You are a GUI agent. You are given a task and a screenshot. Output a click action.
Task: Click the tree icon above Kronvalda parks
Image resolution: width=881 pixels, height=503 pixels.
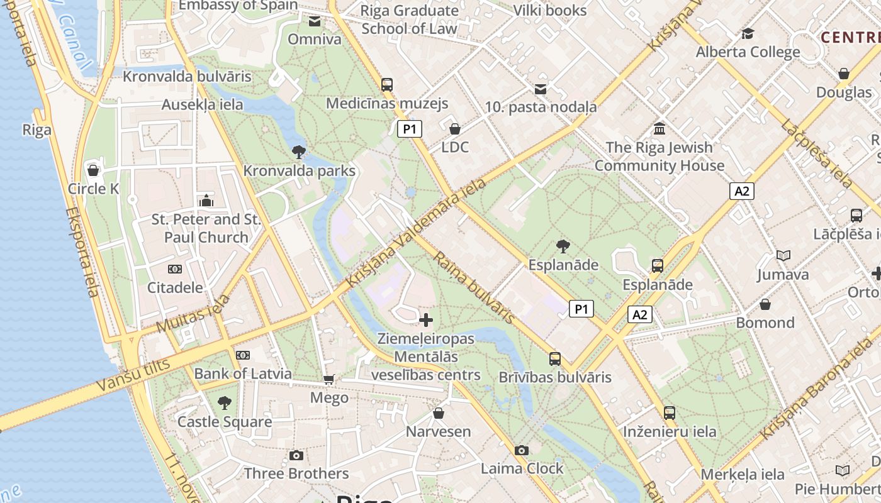(x=299, y=152)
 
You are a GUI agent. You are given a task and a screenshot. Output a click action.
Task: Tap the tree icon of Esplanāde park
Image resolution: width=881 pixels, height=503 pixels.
(x=563, y=246)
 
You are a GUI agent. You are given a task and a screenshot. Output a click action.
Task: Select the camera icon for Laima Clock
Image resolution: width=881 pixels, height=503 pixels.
(x=521, y=450)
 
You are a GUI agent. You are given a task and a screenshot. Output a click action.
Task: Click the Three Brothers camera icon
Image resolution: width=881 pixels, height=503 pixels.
(x=296, y=455)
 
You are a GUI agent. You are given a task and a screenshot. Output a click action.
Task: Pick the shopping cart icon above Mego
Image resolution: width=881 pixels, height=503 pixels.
(x=328, y=379)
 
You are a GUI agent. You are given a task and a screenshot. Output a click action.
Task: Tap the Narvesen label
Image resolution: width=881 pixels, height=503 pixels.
(x=438, y=431)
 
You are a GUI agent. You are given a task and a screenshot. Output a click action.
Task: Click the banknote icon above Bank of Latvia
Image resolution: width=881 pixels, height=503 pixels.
(x=243, y=355)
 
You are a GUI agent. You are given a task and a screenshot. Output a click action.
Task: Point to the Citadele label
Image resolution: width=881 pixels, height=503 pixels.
(x=175, y=288)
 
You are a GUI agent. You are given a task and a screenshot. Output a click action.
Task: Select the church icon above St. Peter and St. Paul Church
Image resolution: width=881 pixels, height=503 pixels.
(x=206, y=201)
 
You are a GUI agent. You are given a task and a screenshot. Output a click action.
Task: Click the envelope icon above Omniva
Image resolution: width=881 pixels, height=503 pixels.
(x=314, y=22)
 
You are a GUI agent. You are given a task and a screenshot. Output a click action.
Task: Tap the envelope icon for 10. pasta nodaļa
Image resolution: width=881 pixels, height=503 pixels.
(x=541, y=89)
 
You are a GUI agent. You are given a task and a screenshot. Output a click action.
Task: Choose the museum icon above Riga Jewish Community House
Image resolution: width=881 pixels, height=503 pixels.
(x=659, y=129)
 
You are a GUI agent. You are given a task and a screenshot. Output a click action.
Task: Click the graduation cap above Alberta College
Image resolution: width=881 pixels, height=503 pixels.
(x=748, y=34)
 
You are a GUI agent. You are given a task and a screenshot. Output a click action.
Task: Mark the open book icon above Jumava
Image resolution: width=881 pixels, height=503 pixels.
(x=783, y=256)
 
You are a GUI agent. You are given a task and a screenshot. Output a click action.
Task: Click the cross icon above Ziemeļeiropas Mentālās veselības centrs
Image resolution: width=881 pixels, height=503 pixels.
(x=426, y=320)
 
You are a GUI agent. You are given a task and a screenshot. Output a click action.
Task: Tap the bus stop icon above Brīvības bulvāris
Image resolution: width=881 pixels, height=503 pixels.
(x=554, y=359)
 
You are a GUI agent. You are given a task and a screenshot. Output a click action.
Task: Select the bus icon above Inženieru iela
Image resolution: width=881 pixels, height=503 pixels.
(x=670, y=413)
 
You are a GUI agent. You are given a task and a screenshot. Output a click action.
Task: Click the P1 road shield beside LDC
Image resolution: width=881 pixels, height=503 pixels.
(x=410, y=130)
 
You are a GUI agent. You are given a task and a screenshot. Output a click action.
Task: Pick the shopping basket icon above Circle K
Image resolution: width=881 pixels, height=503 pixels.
(x=93, y=170)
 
